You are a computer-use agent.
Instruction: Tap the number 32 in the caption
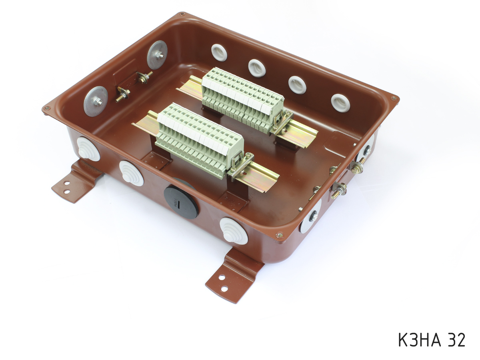[x=456, y=340]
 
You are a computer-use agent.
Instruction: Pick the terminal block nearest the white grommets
[x=242, y=98]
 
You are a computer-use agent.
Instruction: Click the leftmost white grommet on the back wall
[x=219, y=52]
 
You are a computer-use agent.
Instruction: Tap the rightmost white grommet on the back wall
[x=340, y=103]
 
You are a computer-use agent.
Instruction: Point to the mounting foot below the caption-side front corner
[x=229, y=276]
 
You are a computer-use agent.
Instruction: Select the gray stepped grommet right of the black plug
[x=234, y=231]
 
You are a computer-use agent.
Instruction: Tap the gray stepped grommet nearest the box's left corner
[x=88, y=149]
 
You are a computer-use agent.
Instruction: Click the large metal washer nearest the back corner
[x=157, y=55]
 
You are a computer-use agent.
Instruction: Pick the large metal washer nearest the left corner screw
[x=96, y=101]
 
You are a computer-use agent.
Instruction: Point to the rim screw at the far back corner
[x=182, y=15]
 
